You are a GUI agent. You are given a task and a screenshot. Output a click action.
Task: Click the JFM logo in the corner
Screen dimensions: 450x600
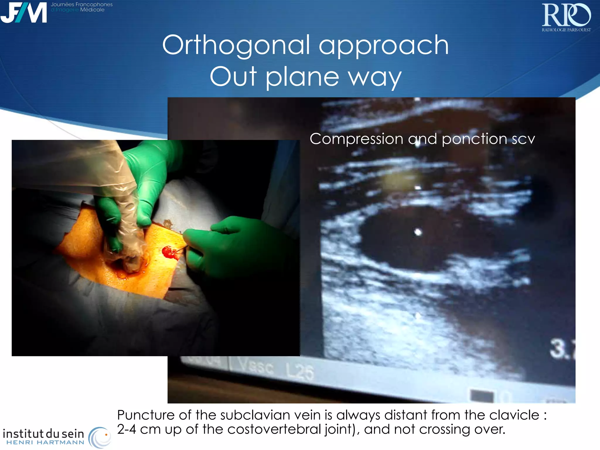tap(23, 12)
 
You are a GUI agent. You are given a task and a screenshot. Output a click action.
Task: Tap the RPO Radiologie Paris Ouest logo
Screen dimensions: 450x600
tap(566, 17)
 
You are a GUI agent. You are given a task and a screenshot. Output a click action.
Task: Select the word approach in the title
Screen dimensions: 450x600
tap(383, 45)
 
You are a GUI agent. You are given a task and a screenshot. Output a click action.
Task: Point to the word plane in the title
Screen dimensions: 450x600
tap(302, 77)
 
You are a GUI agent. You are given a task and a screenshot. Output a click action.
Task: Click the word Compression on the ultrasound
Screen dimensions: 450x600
tap(356, 139)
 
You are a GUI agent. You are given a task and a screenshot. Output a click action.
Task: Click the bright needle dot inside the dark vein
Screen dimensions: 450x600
tap(418, 232)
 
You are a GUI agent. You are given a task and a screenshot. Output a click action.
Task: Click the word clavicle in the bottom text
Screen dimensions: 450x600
tap(514, 415)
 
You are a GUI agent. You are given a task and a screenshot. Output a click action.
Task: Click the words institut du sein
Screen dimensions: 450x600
tap(43, 433)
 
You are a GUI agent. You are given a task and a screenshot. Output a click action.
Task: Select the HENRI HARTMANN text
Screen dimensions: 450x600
tap(45, 442)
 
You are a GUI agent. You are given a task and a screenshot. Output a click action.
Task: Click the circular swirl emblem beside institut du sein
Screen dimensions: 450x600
tap(100, 437)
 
